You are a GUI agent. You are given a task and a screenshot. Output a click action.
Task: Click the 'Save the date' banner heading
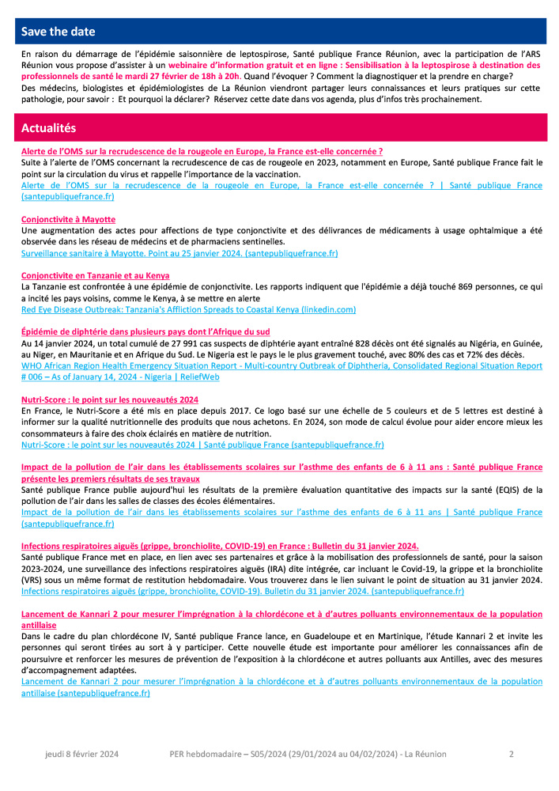click(x=58, y=32)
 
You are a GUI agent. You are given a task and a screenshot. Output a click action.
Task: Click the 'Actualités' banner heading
click(x=49, y=127)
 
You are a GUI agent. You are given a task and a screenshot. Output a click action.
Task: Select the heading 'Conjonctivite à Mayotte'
click(x=68, y=219)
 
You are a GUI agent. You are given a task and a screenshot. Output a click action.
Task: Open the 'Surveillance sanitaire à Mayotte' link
click(x=179, y=253)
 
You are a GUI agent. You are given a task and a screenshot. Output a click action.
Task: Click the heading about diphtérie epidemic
click(x=145, y=331)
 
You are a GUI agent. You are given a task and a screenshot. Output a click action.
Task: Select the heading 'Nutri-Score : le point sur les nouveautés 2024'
click(x=109, y=399)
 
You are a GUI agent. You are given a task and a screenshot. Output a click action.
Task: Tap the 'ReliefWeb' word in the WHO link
click(x=201, y=377)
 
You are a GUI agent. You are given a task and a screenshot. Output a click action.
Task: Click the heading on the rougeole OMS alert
click(x=202, y=150)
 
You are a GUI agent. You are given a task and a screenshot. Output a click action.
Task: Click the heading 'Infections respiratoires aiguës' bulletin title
click(x=220, y=546)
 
